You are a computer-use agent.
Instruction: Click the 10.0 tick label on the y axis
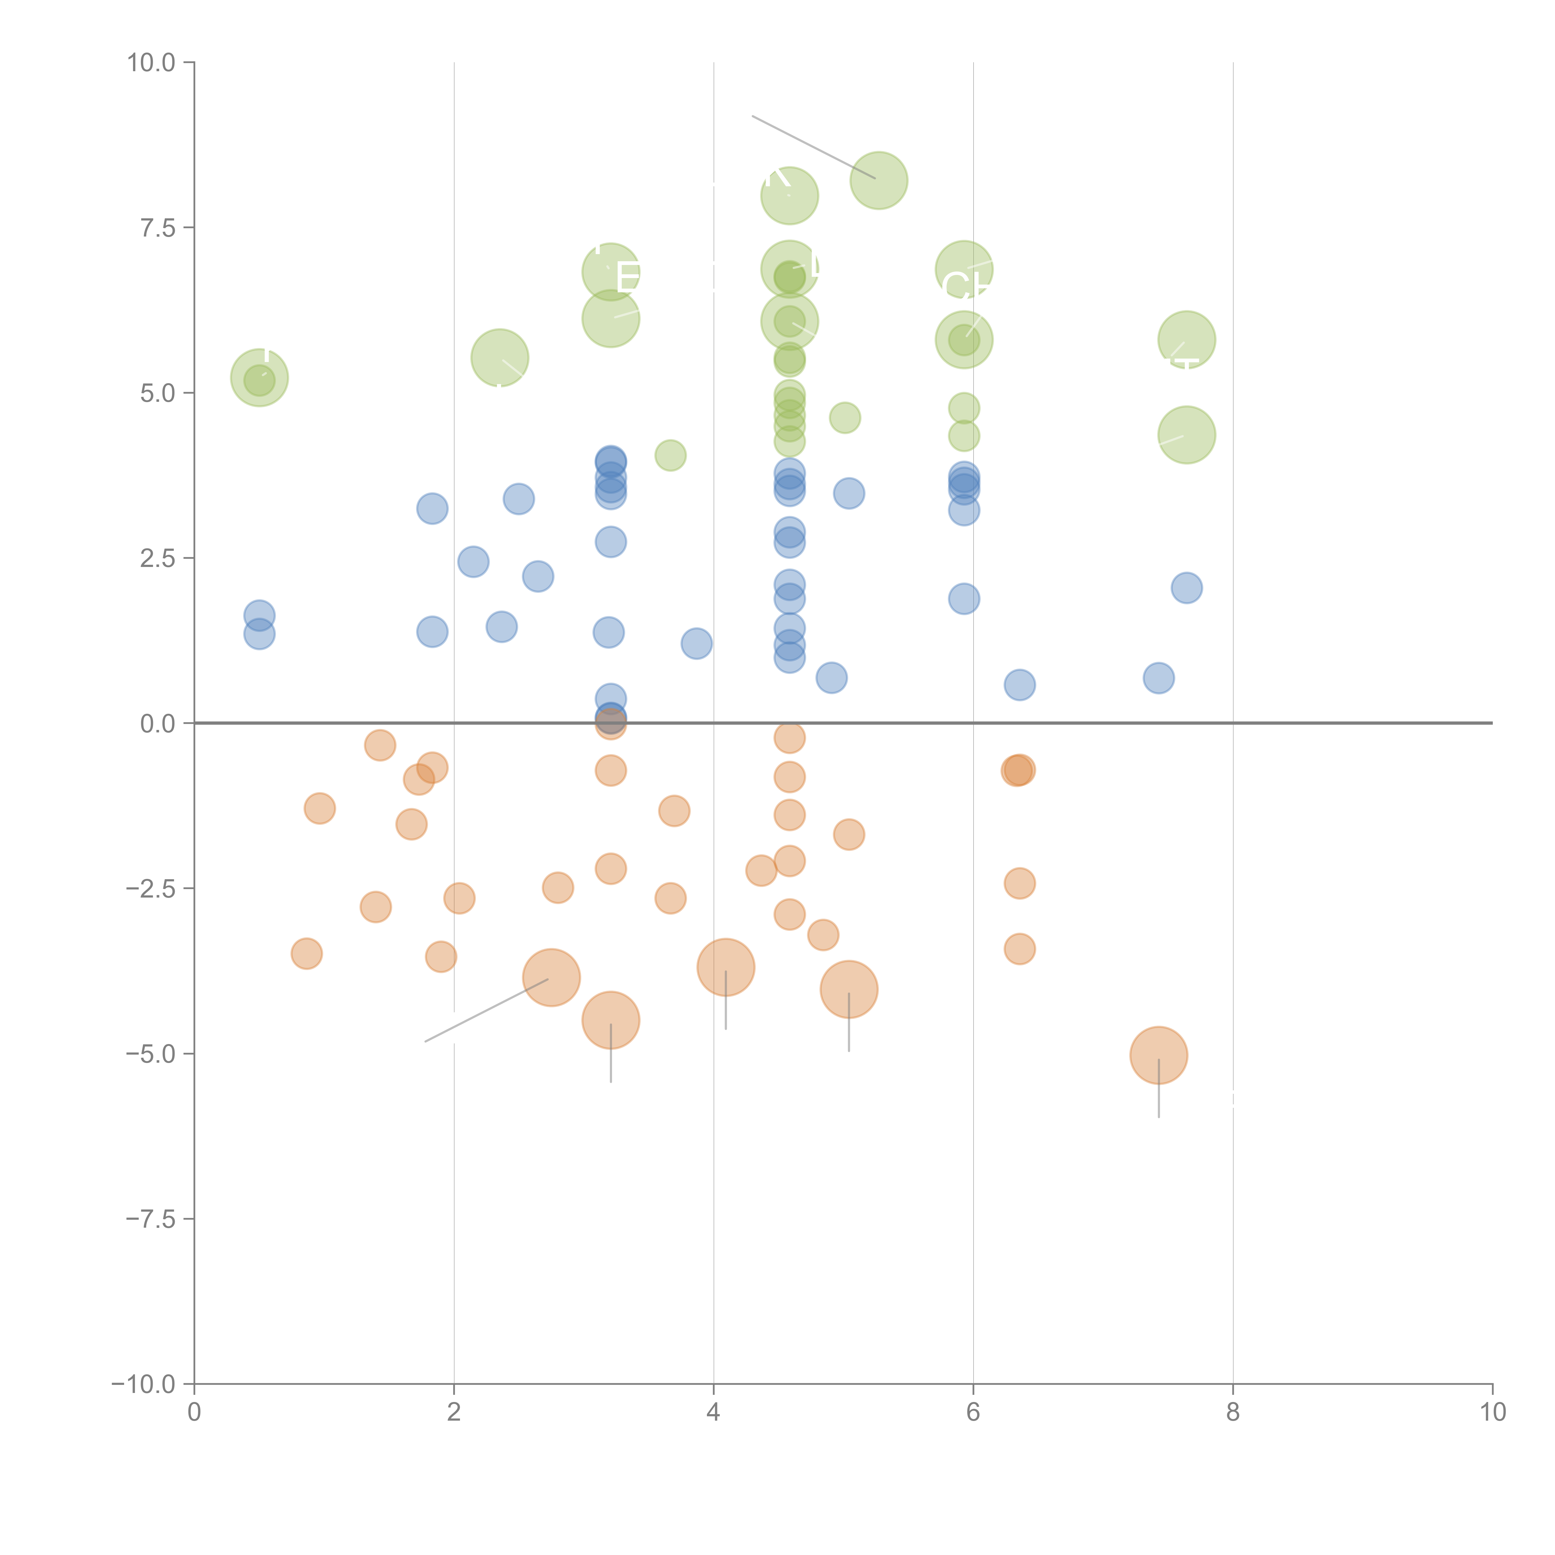click(x=151, y=63)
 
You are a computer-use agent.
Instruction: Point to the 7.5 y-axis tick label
click(x=158, y=228)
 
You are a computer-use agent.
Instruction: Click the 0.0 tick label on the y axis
click(x=158, y=724)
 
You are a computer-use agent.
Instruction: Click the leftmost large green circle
click(x=259, y=378)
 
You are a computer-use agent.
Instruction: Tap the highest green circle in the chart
click(x=879, y=180)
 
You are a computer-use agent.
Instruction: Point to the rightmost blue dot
click(x=1186, y=587)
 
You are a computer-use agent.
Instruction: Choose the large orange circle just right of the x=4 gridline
click(x=726, y=968)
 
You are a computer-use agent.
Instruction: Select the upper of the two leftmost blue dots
click(x=259, y=616)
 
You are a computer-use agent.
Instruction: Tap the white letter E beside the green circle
click(x=628, y=278)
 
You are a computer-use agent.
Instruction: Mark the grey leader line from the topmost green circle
click(x=813, y=146)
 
